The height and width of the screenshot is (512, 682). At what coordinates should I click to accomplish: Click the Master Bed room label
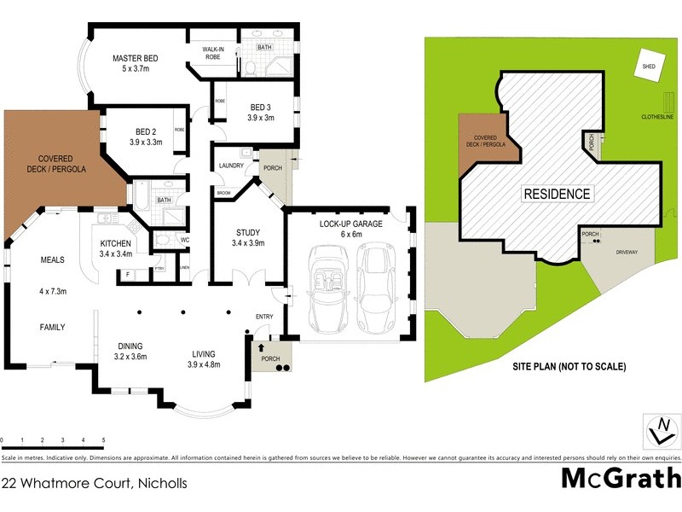(136, 59)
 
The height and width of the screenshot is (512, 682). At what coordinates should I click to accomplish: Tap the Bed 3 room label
(261, 107)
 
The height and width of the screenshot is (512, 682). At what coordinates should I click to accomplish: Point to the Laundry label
(232, 166)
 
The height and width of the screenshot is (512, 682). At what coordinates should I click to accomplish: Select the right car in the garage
(374, 288)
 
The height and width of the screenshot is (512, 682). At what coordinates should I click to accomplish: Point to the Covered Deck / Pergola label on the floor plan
(54, 164)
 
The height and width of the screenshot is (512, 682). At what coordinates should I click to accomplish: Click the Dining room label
(131, 346)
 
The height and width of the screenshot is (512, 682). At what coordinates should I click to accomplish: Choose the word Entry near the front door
(264, 317)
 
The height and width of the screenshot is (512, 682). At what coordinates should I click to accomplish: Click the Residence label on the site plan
(557, 194)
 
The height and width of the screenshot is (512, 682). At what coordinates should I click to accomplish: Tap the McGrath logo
(621, 478)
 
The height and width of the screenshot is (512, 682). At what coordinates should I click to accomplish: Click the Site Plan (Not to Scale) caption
(569, 367)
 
